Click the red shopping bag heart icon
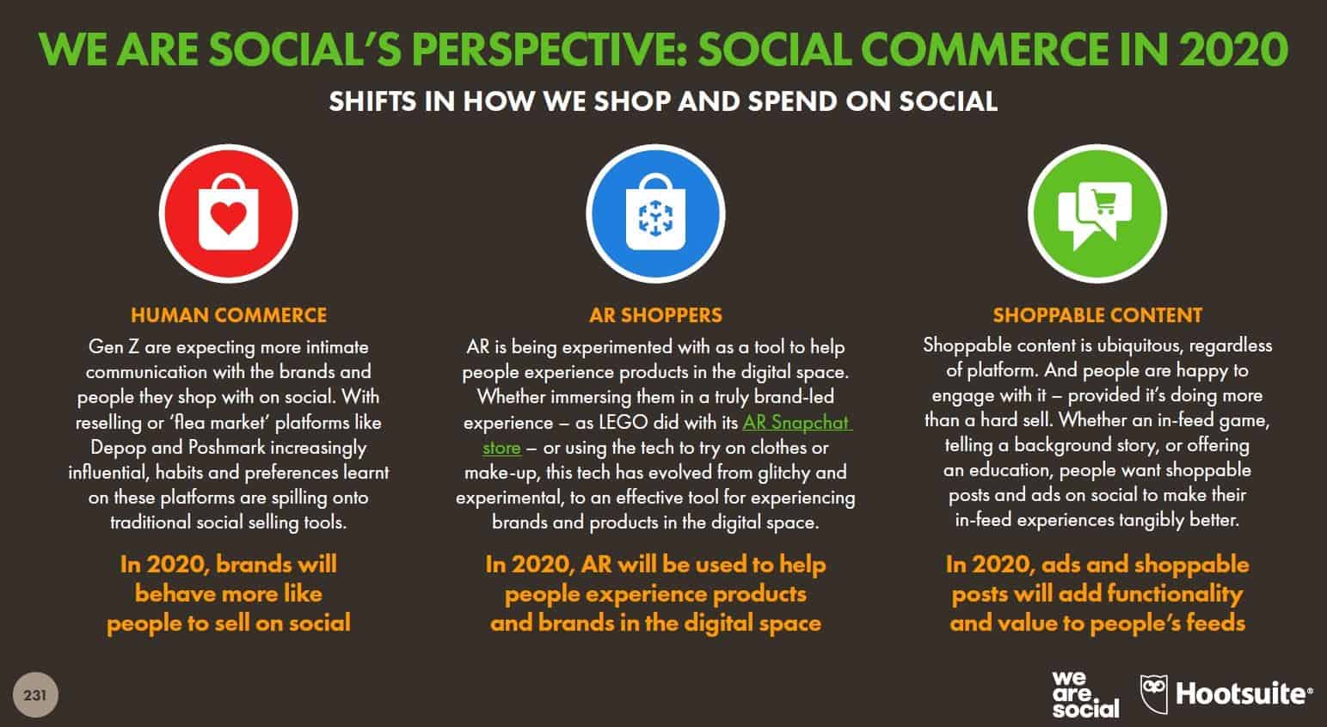[229, 214]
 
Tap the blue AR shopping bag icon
[655, 214]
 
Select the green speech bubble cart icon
[1097, 214]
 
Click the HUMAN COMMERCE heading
[229, 315]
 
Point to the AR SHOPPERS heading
[656, 315]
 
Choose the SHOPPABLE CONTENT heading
[1097, 315]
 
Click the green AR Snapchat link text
[796, 423]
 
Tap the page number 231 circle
[35, 695]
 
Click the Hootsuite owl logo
[1154, 693]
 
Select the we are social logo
[1086, 694]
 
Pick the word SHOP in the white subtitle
[632, 101]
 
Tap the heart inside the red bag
[229, 217]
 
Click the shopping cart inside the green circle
[1104, 202]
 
